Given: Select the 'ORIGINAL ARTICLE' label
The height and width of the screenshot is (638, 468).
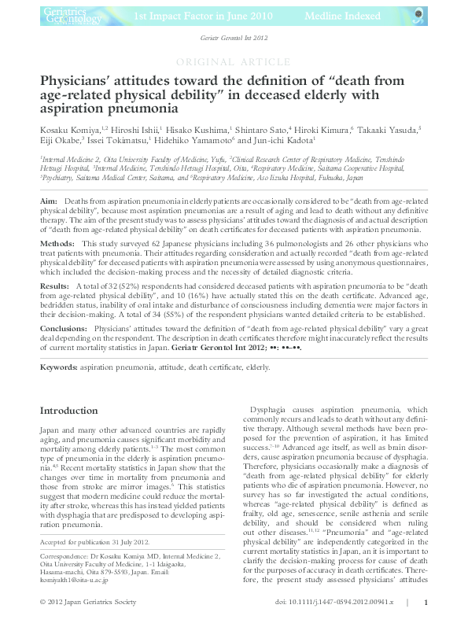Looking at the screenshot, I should (234, 62).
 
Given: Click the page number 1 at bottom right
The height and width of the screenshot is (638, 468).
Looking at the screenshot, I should (426, 624).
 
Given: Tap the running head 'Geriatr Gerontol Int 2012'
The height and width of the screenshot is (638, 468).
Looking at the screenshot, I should (234, 39).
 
